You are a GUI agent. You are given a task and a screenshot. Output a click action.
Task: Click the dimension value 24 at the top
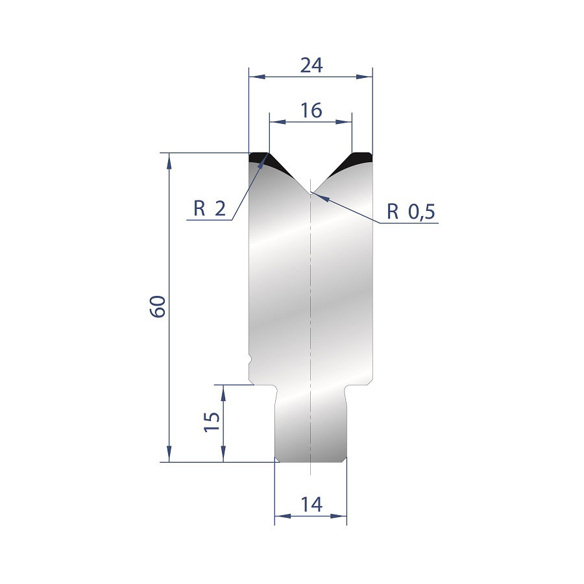(x=311, y=66)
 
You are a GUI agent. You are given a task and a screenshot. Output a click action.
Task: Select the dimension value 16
(x=311, y=110)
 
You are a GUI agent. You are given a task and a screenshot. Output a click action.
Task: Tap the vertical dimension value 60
(x=158, y=306)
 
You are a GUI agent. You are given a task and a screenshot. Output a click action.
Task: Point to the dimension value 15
(x=212, y=421)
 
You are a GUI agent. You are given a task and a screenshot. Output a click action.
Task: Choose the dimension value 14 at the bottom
(x=311, y=505)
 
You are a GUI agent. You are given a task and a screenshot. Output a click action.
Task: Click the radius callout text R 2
(x=210, y=208)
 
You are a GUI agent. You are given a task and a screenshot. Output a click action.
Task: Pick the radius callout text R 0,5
(x=411, y=212)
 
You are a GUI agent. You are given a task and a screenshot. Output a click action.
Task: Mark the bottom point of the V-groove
(x=311, y=193)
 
